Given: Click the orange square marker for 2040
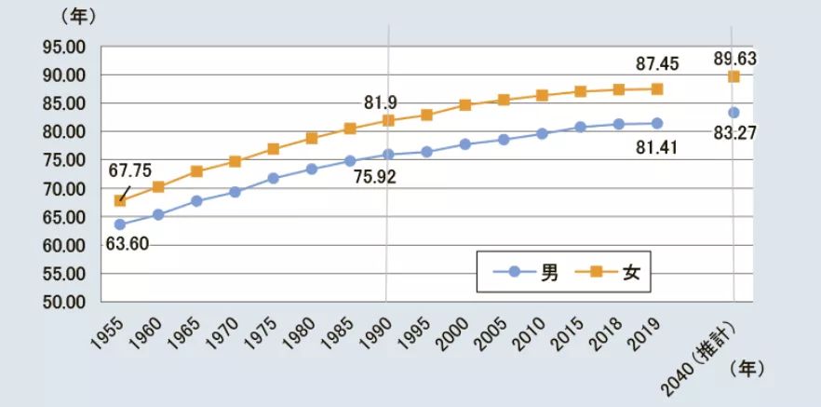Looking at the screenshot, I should pyautogui.click(x=734, y=76).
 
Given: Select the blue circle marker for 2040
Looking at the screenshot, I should pyautogui.click(x=734, y=113).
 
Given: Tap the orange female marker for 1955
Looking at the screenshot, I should pyautogui.click(x=120, y=200).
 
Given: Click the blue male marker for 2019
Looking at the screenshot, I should pyautogui.click(x=657, y=123).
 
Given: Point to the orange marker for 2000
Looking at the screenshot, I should pyautogui.click(x=465, y=105).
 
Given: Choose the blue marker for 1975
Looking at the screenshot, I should pyautogui.click(x=274, y=178).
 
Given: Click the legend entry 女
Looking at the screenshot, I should pyautogui.click(x=617, y=274).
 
